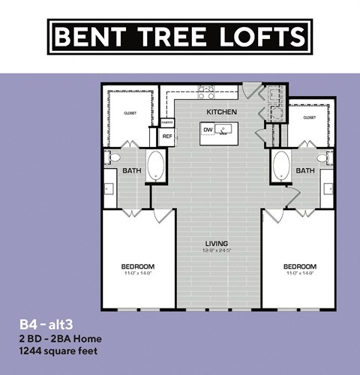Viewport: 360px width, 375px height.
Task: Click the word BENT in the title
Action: (88, 36)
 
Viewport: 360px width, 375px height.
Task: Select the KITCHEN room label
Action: (222, 112)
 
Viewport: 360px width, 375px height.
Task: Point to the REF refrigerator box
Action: (167, 136)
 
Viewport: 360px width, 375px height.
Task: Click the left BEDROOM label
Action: (138, 267)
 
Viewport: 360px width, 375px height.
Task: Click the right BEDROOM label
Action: (299, 267)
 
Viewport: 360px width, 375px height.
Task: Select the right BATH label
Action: (305, 171)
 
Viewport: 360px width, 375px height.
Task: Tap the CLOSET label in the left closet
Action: (130, 113)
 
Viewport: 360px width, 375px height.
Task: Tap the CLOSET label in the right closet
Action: (309, 118)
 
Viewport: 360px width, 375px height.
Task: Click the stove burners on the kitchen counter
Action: (206, 93)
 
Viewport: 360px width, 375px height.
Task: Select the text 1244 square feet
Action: (59, 350)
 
